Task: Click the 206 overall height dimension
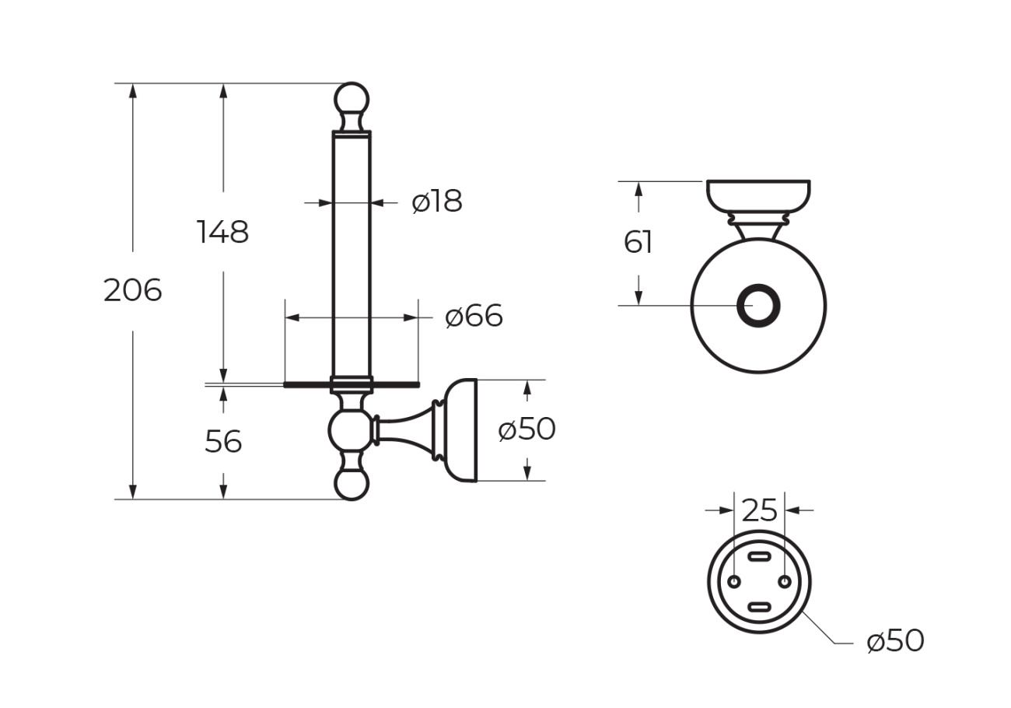pyautogui.click(x=132, y=290)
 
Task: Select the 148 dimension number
pyautogui.click(x=222, y=232)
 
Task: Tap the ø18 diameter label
pyautogui.click(x=437, y=201)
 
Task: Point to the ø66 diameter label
pyautogui.click(x=474, y=316)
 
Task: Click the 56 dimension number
pyautogui.click(x=223, y=441)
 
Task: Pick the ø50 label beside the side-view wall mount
pyautogui.click(x=526, y=429)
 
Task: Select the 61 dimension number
pyautogui.click(x=638, y=242)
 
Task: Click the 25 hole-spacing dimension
pyautogui.click(x=759, y=510)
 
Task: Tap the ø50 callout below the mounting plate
pyautogui.click(x=895, y=640)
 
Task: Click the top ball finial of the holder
pyautogui.click(x=352, y=100)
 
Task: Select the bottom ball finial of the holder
pyautogui.click(x=352, y=484)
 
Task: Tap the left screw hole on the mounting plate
pyautogui.click(x=734, y=582)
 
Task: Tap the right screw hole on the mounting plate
pyautogui.click(x=785, y=582)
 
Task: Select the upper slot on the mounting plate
pyautogui.click(x=759, y=556)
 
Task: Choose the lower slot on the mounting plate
pyautogui.click(x=759, y=607)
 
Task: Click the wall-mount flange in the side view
pyautogui.click(x=460, y=430)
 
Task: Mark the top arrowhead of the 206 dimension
pyautogui.click(x=133, y=90)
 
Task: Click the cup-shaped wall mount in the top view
pyautogui.click(x=758, y=196)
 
